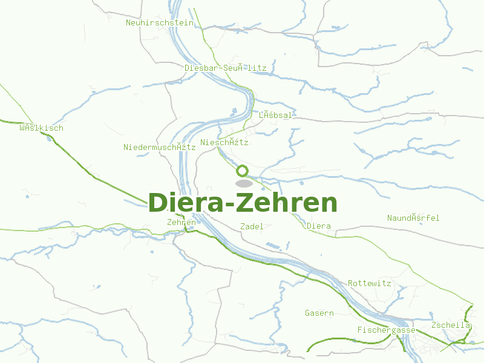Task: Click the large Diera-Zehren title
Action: (x=243, y=203)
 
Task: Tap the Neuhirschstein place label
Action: (x=160, y=23)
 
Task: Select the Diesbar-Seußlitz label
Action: (x=225, y=68)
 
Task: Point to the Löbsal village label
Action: (x=276, y=115)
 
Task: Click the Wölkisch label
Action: (x=41, y=128)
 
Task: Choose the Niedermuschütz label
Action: (x=160, y=147)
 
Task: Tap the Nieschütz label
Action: (x=224, y=143)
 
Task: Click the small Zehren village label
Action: (x=181, y=223)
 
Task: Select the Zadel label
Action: (x=252, y=226)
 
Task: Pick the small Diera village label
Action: (x=319, y=226)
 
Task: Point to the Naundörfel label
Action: (x=413, y=218)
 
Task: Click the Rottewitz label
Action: (x=370, y=283)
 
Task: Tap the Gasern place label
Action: (x=319, y=313)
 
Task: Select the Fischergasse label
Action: (x=387, y=330)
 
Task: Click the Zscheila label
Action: (x=451, y=325)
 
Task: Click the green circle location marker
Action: (x=243, y=171)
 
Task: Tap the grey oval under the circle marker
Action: (x=243, y=183)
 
